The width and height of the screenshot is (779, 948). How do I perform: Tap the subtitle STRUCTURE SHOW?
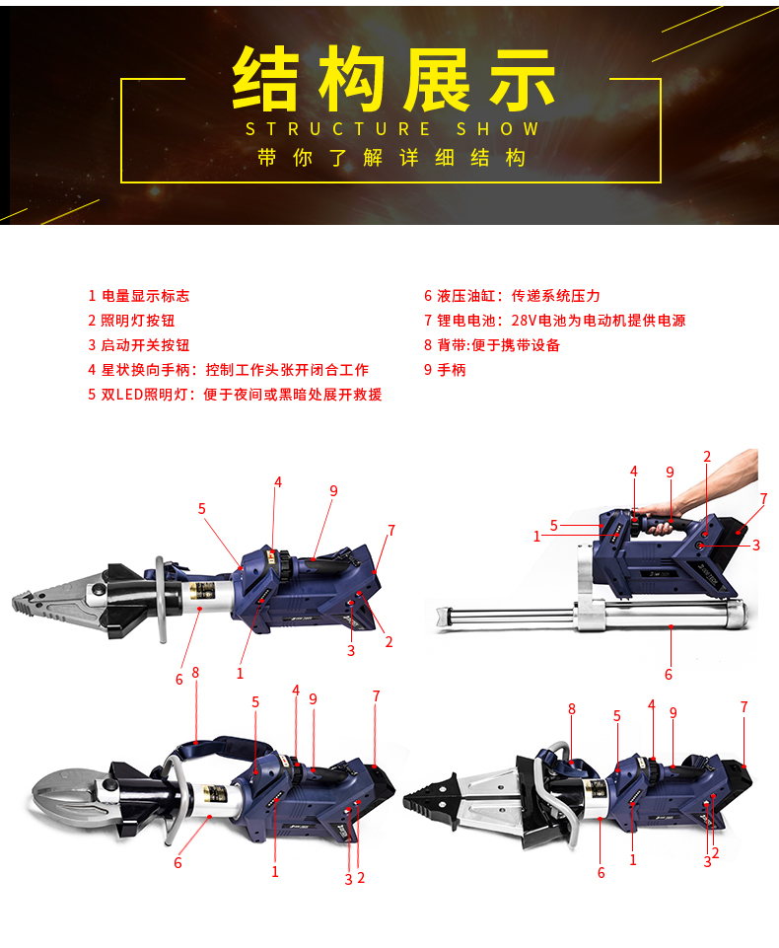392,129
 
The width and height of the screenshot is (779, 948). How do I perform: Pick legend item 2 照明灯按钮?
131,321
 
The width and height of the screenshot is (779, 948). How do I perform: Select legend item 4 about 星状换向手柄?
228,370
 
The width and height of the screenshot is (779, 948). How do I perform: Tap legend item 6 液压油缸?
512,296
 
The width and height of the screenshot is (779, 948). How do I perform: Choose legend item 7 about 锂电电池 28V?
554,321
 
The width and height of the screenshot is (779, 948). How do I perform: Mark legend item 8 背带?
492,345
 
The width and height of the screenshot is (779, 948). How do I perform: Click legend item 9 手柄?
445,370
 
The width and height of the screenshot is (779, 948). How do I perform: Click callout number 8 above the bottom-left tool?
195,673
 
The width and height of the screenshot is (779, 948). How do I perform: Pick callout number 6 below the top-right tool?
668,675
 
